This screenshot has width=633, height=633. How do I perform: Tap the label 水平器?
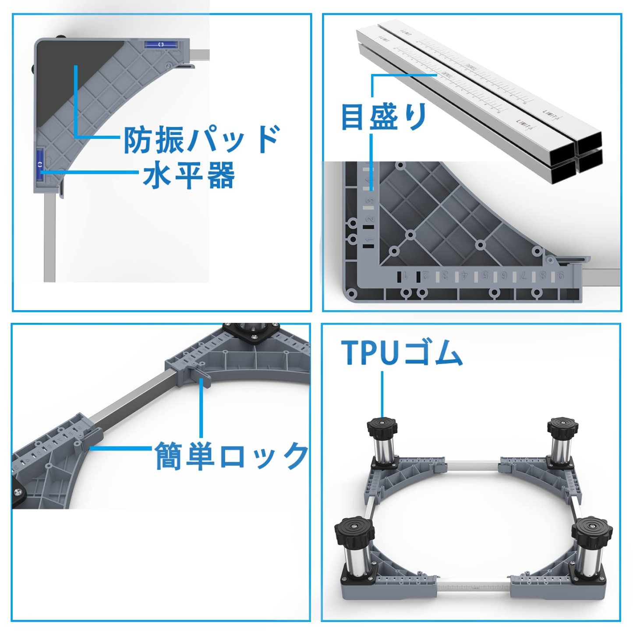pyautogui.click(x=188, y=175)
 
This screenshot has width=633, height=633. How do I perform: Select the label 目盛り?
pyautogui.click(x=384, y=117)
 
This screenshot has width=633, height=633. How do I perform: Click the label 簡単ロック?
pyautogui.click(x=231, y=456)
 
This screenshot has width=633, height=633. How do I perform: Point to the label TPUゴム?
pyautogui.click(x=402, y=353)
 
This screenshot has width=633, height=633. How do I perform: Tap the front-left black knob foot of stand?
pyautogui.click(x=354, y=532)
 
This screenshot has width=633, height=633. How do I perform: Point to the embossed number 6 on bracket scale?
pyautogui.click(x=504, y=276)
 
